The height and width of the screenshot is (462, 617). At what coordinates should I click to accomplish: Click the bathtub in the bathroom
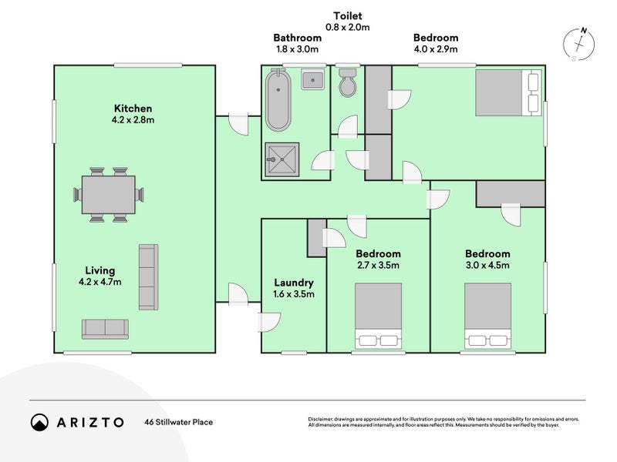(278, 100)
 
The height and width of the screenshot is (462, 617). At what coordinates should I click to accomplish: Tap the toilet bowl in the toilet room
(348, 82)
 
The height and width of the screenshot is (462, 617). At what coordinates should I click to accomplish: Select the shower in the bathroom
(282, 159)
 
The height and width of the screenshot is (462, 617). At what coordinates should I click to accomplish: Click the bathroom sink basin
(313, 80)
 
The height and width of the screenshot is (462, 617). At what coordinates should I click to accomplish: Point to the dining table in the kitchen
(109, 195)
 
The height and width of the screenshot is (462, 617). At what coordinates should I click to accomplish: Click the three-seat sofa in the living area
(148, 277)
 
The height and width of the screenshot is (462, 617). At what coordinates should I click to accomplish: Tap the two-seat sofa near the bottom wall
(105, 329)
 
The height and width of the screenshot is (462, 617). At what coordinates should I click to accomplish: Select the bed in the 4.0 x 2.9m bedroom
(508, 92)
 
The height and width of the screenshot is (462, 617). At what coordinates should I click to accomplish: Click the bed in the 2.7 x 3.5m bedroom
(378, 316)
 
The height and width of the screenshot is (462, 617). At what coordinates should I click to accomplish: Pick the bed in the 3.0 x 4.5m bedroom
(488, 316)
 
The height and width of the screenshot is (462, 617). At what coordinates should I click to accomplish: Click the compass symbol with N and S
(578, 45)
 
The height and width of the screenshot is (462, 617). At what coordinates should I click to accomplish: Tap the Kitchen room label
(133, 109)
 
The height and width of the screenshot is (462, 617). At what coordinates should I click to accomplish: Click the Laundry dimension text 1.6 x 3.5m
(294, 294)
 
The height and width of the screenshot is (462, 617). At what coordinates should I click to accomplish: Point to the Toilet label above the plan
(348, 16)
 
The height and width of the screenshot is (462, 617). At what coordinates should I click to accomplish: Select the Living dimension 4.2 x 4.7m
(100, 282)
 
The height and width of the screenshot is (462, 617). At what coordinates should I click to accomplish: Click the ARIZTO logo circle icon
(40, 422)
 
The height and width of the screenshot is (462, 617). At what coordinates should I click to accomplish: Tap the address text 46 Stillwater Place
(179, 422)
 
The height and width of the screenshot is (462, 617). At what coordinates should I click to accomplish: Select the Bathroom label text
(298, 38)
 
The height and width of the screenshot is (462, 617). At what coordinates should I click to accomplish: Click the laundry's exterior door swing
(269, 322)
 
